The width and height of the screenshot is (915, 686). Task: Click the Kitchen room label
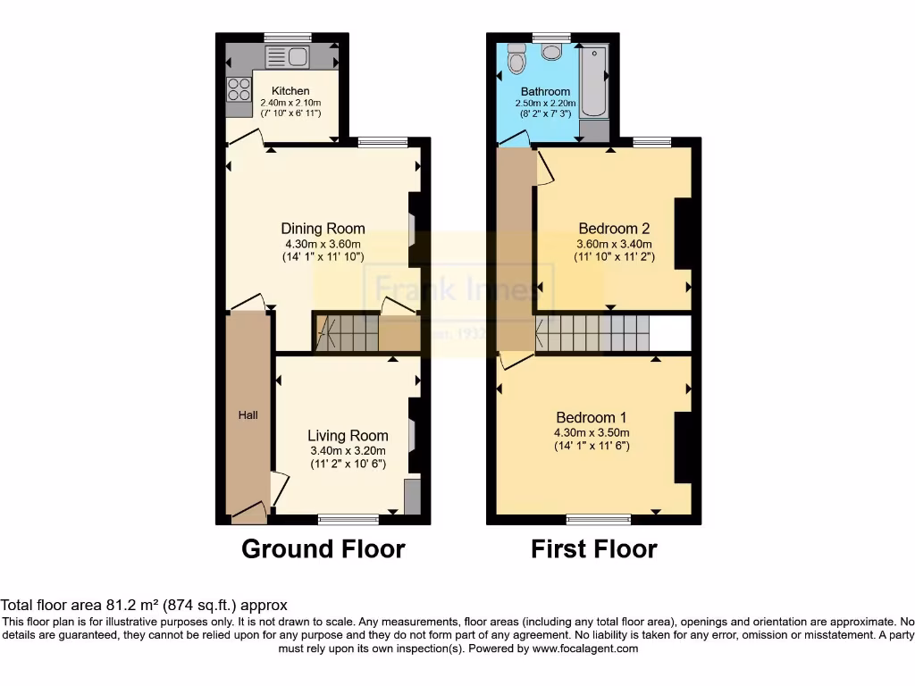(x=290, y=91)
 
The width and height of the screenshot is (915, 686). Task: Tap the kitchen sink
(x=287, y=58)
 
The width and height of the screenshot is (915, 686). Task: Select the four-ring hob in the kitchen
(x=239, y=89)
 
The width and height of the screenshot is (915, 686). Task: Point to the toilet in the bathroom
(x=516, y=59)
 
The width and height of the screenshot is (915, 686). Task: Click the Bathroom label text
(x=545, y=92)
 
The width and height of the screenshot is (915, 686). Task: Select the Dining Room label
(x=323, y=229)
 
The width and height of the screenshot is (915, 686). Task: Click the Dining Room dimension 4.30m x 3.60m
(x=323, y=245)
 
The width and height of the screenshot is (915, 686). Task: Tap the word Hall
(x=248, y=415)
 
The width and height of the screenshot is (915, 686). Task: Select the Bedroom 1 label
(x=591, y=417)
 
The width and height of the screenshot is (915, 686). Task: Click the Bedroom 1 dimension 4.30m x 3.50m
(x=591, y=433)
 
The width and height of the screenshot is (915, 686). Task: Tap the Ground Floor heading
(x=323, y=548)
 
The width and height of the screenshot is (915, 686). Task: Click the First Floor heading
(x=593, y=548)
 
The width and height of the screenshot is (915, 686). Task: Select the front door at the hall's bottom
(x=249, y=514)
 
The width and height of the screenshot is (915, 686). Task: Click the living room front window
(x=348, y=519)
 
